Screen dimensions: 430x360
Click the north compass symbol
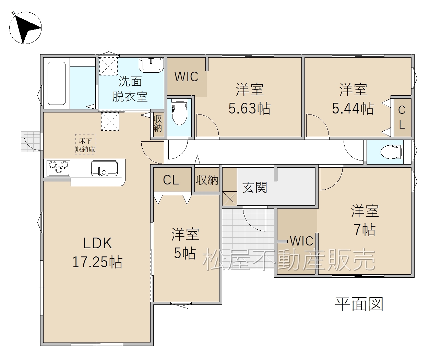(x=25, y=27)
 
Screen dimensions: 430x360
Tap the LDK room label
(x=97, y=243)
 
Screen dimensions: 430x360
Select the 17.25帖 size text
(x=97, y=262)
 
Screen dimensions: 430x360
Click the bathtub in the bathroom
(x=57, y=83)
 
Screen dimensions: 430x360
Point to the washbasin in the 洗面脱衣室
(x=151, y=64)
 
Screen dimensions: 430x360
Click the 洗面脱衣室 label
(x=130, y=89)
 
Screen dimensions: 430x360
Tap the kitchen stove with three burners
(x=59, y=168)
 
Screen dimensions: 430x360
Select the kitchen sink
(x=104, y=168)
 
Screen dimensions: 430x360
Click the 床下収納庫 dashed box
(x=85, y=144)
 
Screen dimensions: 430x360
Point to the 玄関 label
(x=255, y=187)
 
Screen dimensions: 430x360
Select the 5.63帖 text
(x=249, y=108)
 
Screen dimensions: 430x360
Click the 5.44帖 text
(x=353, y=108)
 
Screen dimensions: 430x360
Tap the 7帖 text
(x=365, y=230)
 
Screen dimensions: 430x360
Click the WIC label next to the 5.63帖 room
(x=187, y=76)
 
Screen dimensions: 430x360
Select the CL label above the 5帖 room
(x=171, y=180)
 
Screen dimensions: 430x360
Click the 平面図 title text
(x=359, y=304)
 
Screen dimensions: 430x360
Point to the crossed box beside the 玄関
(x=230, y=199)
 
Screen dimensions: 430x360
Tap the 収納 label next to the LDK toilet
(x=158, y=123)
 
